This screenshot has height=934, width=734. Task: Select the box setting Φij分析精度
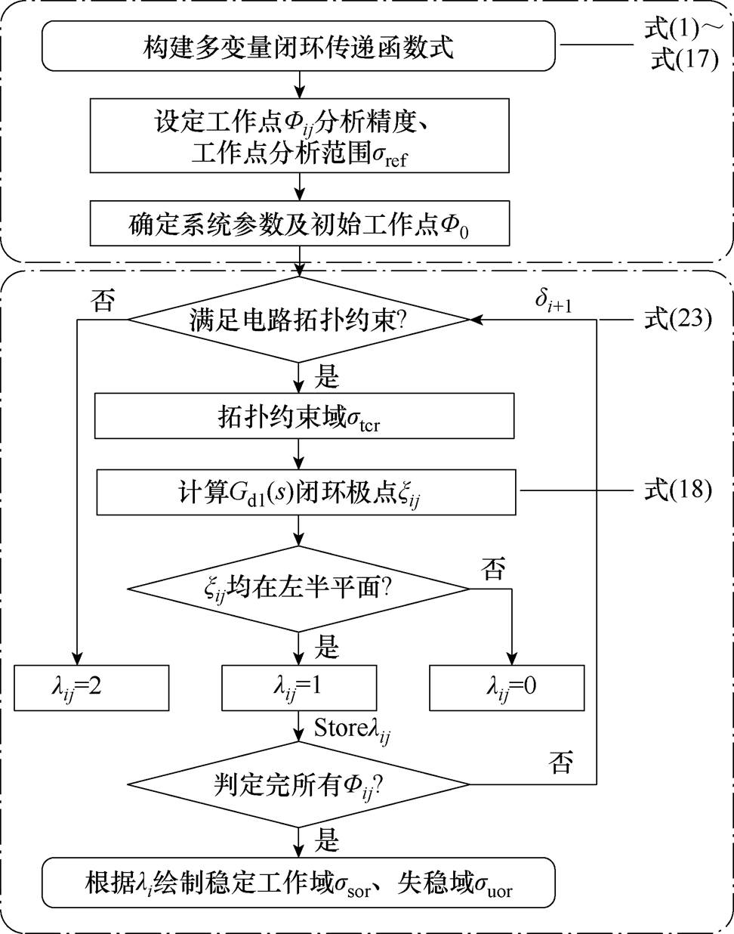pyautogui.click(x=299, y=136)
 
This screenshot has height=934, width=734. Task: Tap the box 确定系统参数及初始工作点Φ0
pyautogui.click(x=299, y=224)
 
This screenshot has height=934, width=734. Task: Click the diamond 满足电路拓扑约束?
pyautogui.click(x=299, y=320)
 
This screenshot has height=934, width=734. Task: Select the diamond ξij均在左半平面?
pyautogui.click(x=299, y=588)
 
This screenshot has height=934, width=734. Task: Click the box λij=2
pyautogui.click(x=91, y=688)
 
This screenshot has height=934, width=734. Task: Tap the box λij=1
pyautogui.click(x=299, y=688)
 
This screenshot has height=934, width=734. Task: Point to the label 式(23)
pyautogui.click(x=677, y=319)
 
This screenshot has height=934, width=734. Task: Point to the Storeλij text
pyautogui.click(x=352, y=728)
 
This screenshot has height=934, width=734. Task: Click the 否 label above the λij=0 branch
pyautogui.click(x=494, y=569)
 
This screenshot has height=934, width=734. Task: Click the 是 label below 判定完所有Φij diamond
pyautogui.click(x=326, y=840)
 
